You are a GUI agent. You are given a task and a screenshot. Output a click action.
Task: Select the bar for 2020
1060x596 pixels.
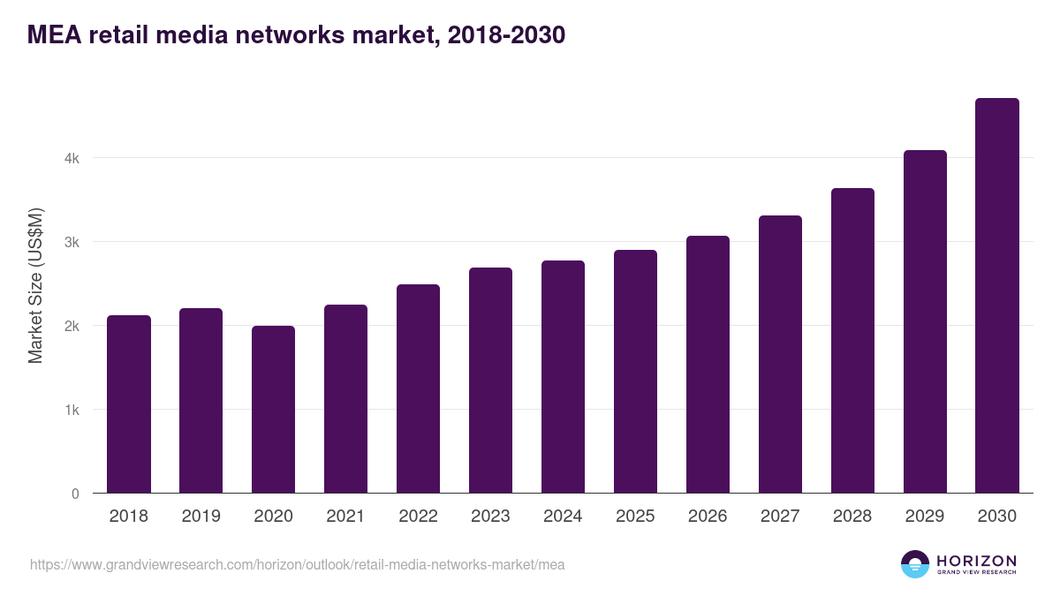[274, 410]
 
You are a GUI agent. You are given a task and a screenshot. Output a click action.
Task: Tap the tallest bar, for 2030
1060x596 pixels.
[997, 296]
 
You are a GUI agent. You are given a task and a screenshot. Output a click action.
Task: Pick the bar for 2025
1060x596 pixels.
[636, 372]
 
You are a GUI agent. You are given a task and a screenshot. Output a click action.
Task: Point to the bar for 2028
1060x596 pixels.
[852, 341]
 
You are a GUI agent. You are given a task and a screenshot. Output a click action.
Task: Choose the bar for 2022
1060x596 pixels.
[418, 389]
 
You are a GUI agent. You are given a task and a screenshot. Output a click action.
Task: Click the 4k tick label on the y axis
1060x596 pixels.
[72, 159]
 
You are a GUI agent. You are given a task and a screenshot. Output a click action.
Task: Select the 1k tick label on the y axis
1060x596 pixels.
[72, 411]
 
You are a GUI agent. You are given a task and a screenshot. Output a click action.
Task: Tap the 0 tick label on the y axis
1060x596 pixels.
[75, 494]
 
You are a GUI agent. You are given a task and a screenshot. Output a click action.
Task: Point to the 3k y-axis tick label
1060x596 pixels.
[72, 243]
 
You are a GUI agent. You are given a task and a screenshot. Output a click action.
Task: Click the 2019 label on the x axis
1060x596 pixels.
[201, 517]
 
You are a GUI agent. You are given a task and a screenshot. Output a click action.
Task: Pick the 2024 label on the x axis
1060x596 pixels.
[563, 517]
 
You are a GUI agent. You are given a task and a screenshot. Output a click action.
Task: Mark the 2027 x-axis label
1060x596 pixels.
[780, 517]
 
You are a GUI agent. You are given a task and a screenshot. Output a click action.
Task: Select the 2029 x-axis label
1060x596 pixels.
[925, 517]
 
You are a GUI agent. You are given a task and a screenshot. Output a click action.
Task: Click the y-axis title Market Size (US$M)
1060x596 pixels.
[35, 285]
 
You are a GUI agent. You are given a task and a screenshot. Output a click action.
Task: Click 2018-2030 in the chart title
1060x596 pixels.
[506, 35]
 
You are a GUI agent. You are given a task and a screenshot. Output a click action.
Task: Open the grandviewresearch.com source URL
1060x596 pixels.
[297, 564]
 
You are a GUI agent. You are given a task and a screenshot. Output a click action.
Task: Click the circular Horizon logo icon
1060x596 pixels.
[915, 564]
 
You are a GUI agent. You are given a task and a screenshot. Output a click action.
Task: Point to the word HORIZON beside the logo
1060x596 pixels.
[976, 560]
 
